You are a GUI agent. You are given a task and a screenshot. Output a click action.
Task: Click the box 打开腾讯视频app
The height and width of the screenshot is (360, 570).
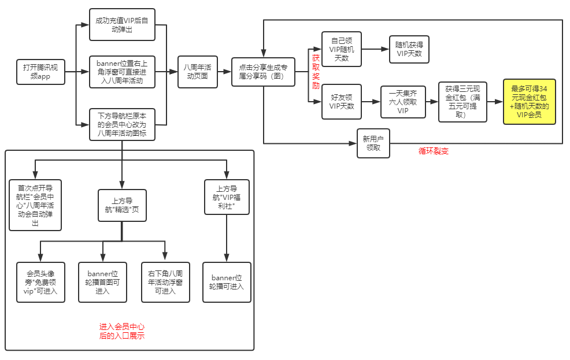[40, 72]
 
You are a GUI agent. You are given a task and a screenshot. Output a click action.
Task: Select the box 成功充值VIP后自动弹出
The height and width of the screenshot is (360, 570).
[122, 25]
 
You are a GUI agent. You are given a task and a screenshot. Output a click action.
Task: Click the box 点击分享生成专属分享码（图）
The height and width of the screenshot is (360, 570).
[263, 72]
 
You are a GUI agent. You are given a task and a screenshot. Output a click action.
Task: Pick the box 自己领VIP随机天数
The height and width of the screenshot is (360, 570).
[341, 49]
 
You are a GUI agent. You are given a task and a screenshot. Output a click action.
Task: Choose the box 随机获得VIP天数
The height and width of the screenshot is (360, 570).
[409, 49]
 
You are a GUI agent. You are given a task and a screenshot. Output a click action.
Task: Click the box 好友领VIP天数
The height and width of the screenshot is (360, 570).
[341, 102]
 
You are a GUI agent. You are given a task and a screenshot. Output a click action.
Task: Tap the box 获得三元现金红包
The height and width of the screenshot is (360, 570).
[462, 102]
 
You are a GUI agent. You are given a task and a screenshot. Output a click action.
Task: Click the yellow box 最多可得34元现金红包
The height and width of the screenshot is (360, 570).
[529, 102]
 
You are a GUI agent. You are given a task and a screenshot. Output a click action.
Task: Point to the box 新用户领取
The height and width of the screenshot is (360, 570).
[373, 143]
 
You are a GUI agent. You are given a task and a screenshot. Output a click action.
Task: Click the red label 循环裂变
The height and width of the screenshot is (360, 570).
[433, 151]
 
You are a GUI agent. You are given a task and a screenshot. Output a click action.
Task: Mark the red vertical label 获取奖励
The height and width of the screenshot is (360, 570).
[316, 72]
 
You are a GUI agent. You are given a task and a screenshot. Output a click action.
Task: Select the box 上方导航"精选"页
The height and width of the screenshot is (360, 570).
[122, 205]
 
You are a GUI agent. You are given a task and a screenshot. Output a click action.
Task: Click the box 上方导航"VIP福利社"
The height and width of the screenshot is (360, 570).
[227, 197]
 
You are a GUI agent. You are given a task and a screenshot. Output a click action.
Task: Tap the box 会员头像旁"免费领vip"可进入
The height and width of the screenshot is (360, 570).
[41, 282]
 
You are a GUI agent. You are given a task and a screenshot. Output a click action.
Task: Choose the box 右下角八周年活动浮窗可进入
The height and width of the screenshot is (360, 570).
[165, 282]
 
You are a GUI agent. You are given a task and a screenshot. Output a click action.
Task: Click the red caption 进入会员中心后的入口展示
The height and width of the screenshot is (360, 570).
[122, 331]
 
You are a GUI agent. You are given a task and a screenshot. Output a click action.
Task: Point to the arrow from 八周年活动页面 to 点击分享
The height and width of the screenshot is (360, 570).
[224, 72]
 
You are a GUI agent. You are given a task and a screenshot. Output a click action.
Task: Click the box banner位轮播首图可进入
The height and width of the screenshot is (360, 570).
[102, 282]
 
